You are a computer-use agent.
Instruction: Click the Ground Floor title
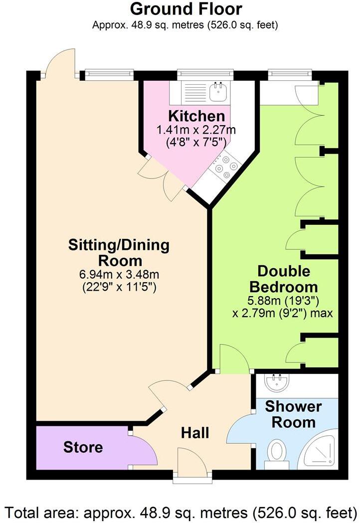click(185, 9)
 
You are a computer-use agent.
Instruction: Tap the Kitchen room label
click(196, 116)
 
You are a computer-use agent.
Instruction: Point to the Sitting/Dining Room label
click(119, 253)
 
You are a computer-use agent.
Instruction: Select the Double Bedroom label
click(283, 279)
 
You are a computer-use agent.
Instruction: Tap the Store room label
click(83, 447)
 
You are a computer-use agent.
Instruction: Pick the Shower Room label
click(293, 414)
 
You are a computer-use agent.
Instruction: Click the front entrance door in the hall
click(192, 461)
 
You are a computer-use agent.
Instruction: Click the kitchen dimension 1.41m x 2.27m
click(196, 130)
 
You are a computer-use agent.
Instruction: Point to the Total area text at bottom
click(180, 512)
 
